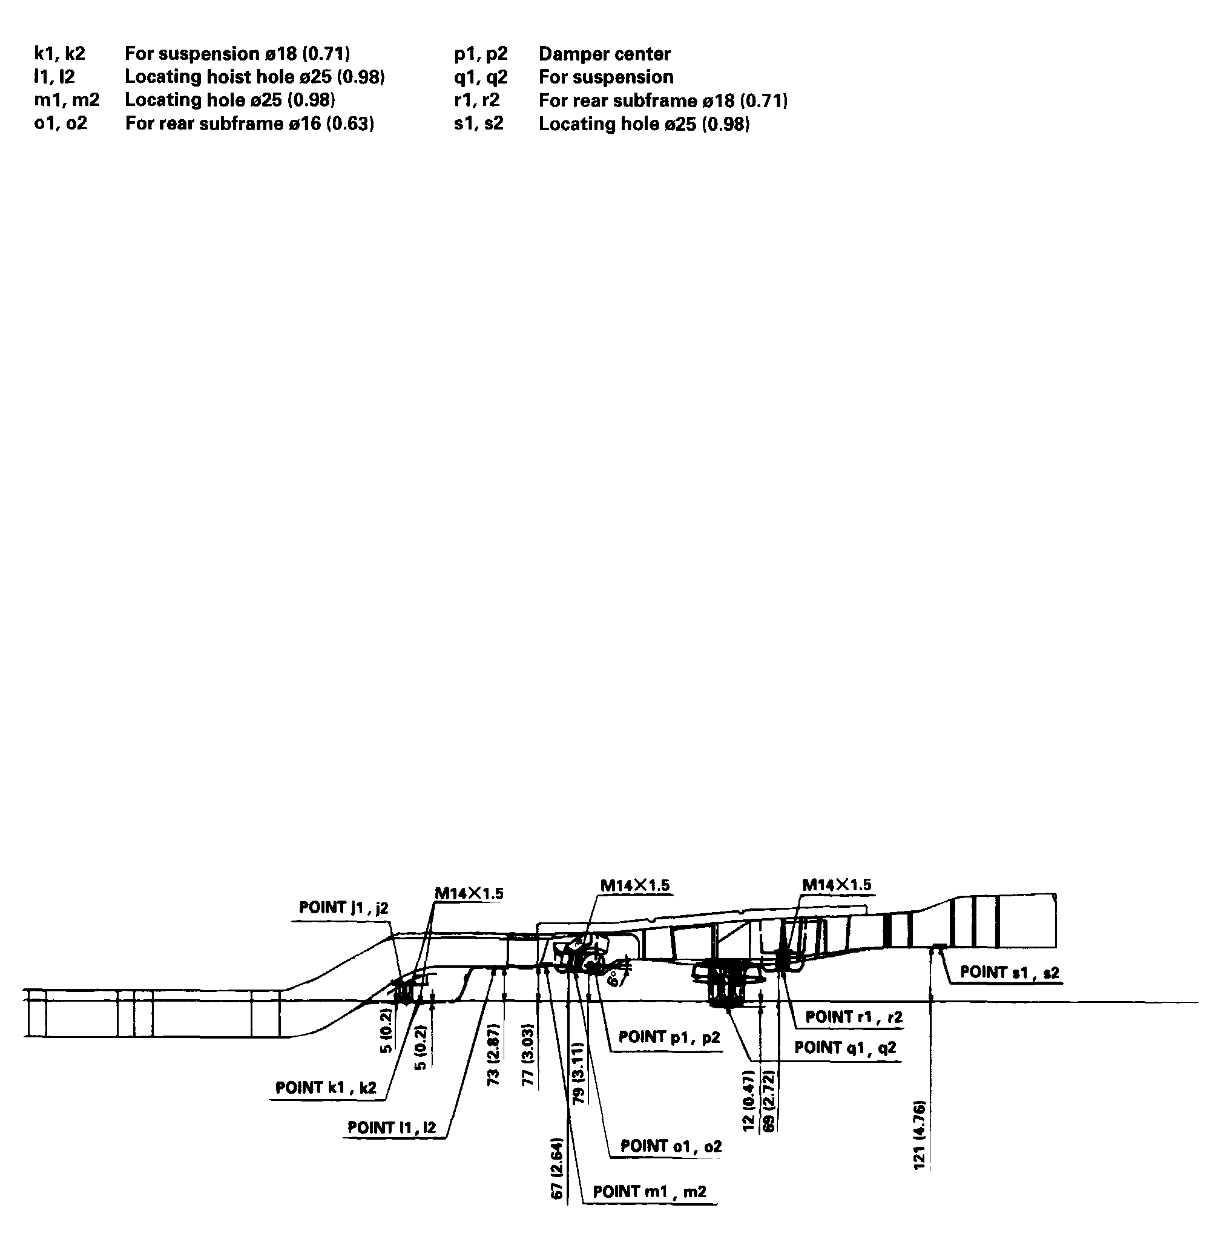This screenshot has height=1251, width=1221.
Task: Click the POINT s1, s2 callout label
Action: (1009, 972)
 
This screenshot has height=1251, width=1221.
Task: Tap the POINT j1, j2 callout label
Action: (344, 907)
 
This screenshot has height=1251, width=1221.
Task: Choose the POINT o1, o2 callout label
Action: (671, 1146)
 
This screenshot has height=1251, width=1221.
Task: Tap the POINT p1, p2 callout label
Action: (669, 1037)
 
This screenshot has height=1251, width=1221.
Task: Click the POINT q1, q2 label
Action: (844, 1047)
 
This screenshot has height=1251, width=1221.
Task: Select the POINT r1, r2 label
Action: (854, 1016)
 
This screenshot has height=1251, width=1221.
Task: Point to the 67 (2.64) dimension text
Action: (558, 1168)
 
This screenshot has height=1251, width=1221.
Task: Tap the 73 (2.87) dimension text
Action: (493, 1053)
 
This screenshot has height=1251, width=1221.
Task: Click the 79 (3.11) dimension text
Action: (577, 1072)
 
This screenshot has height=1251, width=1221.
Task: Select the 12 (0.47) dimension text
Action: (748, 1100)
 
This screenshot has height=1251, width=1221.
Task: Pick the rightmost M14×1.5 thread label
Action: (836, 885)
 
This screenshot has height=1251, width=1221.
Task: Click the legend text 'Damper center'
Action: (604, 54)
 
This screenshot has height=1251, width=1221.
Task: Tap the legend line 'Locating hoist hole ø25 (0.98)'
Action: (254, 77)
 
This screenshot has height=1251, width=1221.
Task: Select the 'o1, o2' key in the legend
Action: (61, 123)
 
